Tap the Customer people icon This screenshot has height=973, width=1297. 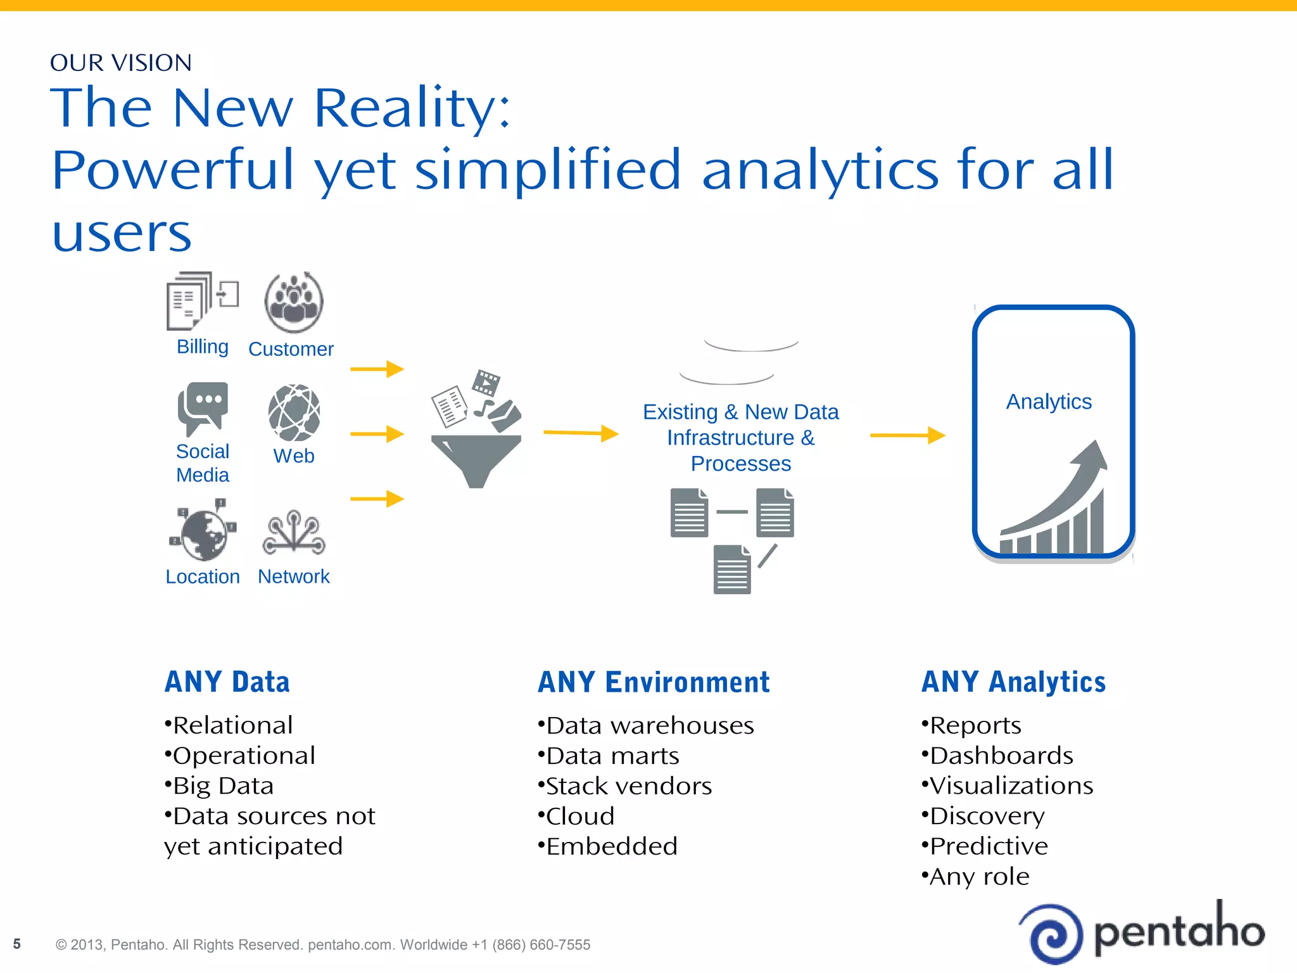(x=294, y=302)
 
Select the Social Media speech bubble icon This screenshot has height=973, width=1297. (x=203, y=407)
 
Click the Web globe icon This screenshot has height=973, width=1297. (x=294, y=412)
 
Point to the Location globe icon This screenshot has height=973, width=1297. (x=203, y=531)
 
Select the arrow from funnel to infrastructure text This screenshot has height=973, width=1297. (x=580, y=433)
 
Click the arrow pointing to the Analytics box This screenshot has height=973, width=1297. (x=907, y=435)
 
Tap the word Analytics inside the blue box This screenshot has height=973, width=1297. (x=1049, y=402)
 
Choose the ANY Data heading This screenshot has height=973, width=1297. (x=227, y=682)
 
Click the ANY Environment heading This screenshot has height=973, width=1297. (x=654, y=682)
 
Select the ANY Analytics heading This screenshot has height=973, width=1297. (x=1013, y=682)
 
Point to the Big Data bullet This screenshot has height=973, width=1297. (x=219, y=786)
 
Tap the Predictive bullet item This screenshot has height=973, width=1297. (x=985, y=846)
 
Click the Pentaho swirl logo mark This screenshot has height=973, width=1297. (x=1054, y=934)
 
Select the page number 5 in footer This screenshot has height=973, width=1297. (x=17, y=944)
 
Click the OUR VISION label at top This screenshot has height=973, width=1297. (x=120, y=63)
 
